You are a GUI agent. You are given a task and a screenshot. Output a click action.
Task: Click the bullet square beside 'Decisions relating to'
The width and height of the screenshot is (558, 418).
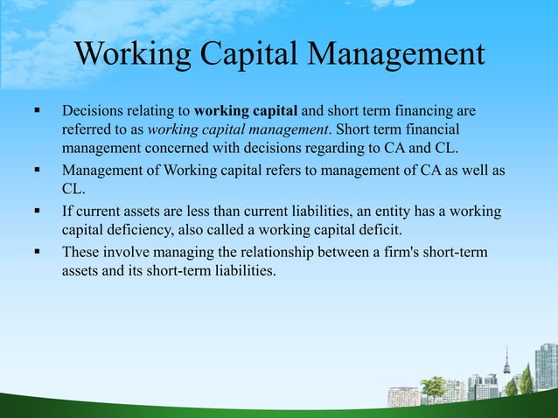[x=38, y=112]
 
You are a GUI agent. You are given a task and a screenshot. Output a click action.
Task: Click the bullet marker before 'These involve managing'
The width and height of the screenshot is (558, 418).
[x=38, y=252]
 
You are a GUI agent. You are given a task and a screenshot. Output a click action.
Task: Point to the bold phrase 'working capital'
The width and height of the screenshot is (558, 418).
[x=247, y=112]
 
